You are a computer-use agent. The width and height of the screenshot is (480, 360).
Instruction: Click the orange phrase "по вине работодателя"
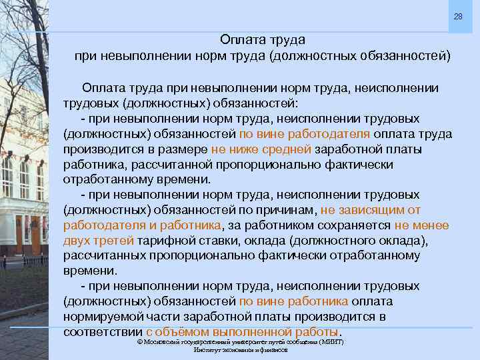coord(295,133)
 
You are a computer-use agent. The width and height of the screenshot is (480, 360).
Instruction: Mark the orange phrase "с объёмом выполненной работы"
coord(242,331)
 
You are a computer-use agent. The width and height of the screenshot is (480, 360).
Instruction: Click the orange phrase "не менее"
coord(421,225)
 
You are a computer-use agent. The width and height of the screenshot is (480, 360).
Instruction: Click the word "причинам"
coord(291,209)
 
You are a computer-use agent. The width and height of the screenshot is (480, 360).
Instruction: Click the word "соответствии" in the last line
coord(103,331)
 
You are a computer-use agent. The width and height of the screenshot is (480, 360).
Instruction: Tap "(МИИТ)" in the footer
coord(331,341)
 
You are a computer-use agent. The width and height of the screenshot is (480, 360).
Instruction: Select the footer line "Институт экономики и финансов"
coord(240,349)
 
